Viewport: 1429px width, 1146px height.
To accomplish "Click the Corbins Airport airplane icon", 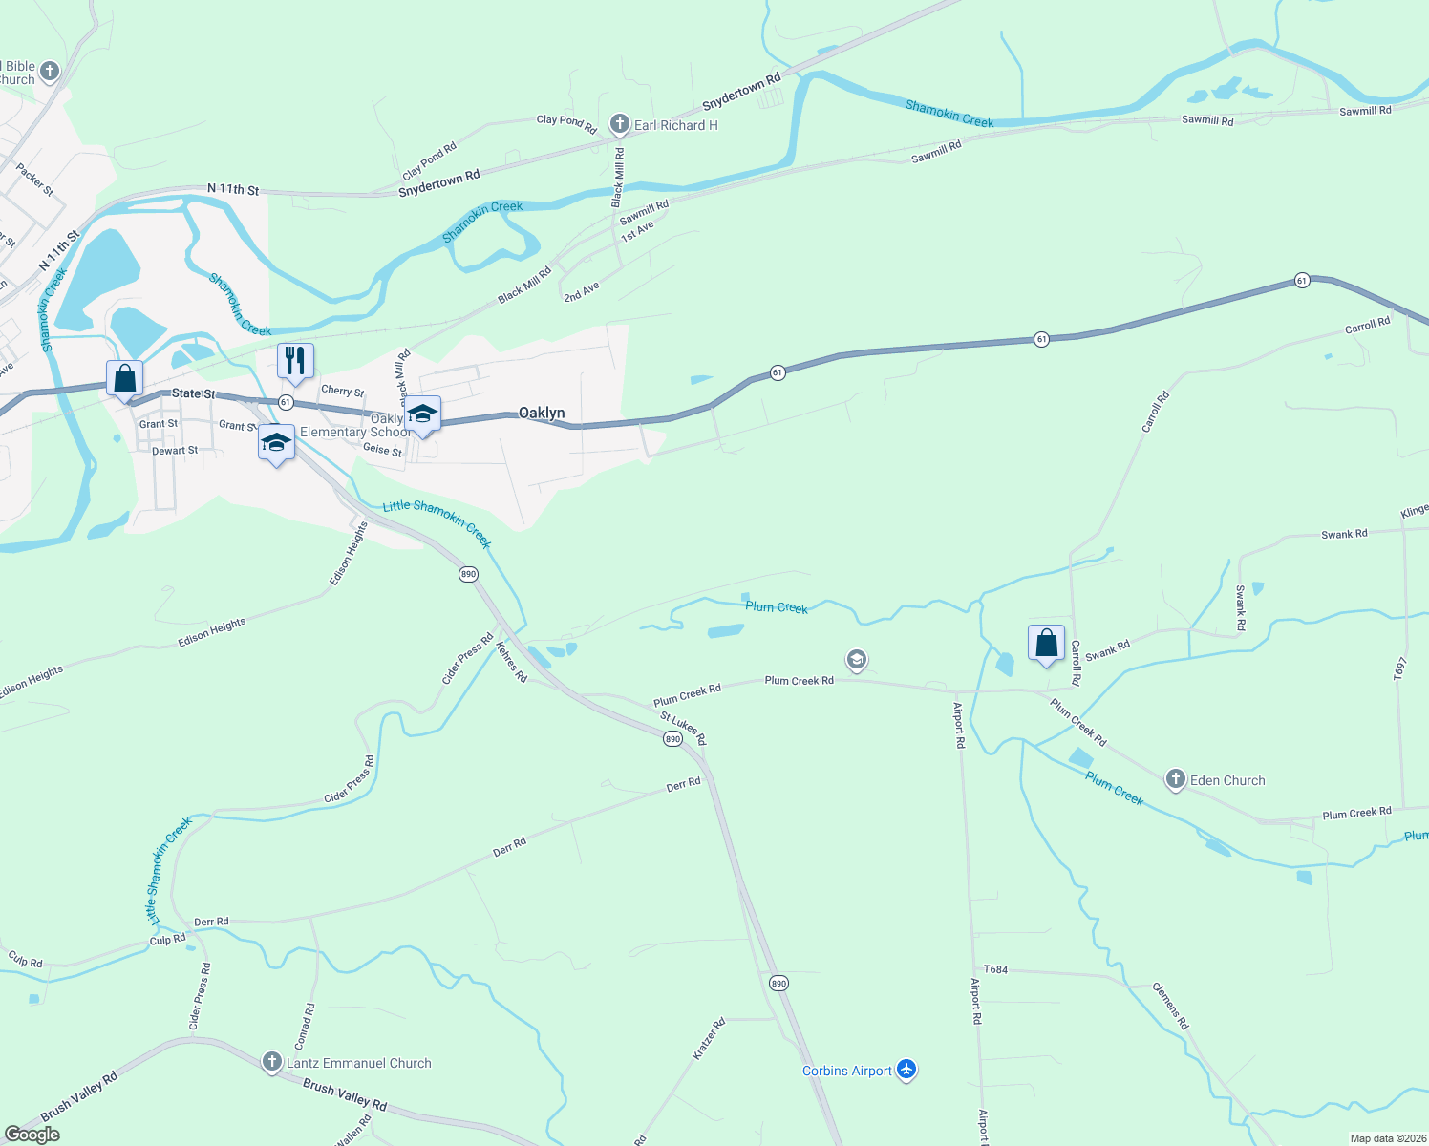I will pos(906,1071).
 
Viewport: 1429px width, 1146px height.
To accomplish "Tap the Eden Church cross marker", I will pos(1176,780).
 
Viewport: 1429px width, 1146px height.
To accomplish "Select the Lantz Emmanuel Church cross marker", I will pos(272,1063).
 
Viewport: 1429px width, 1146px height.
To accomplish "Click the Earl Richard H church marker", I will pos(620,124).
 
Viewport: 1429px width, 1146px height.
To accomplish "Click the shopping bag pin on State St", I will pos(124,379).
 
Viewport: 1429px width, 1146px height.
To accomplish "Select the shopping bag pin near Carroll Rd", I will pos(1046,643).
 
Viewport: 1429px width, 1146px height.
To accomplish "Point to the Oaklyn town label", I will pos(541,413).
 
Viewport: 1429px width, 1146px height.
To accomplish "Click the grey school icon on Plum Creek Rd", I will pos(857,660).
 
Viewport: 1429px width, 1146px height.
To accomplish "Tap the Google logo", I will pos(32,1135).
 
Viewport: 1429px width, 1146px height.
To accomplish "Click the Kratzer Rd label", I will pos(709,1038).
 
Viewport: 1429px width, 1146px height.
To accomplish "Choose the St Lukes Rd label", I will pos(683,729).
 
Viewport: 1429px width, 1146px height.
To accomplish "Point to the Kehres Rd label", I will pos(512,661).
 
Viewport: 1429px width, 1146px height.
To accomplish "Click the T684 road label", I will pos(995,969).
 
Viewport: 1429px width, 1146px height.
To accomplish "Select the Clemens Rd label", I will pos(1170,1006).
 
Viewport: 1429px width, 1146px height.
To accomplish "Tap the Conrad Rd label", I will pos(305,1027).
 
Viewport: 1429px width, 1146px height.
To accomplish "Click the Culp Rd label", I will pos(25,961).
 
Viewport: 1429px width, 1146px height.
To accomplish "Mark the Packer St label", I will pos(35,180).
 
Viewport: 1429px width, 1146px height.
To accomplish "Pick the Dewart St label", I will pos(175,451).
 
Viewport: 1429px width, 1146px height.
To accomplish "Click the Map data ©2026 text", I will pos(1386,1138).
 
